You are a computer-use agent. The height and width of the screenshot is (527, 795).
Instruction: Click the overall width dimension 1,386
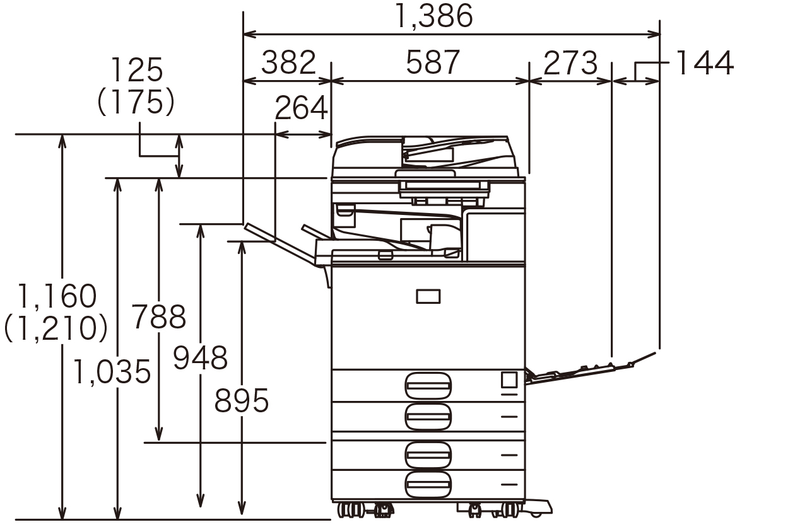pyautogui.click(x=433, y=16)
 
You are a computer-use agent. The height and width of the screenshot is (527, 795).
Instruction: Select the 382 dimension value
pyautogui.click(x=288, y=62)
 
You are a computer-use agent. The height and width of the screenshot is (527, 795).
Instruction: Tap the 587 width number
pyautogui.click(x=433, y=62)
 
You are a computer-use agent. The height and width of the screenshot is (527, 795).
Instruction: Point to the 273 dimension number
pyautogui.click(x=570, y=63)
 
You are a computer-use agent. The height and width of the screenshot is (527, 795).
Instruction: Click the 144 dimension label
pyautogui.click(x=704, y=63)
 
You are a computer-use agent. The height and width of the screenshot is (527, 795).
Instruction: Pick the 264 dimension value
pyautogui.click(x=301, y=108)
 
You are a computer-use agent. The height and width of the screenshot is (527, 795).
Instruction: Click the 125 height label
pyautogui.click(x=137, y=70)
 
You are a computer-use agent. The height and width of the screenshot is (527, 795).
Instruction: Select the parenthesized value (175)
pyautogui.click(x=136, y=101)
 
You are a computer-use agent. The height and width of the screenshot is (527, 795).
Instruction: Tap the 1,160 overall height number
pyautogui.click(x=56, y=296)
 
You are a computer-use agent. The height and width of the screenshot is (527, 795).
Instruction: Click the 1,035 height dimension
pyautogui.click(x=112, y=371)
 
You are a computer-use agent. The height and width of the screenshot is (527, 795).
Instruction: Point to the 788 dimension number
pyautogui.click(x=158, y=316)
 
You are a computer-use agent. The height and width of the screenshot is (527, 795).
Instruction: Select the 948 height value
pyautogui.click(x=200, y=358)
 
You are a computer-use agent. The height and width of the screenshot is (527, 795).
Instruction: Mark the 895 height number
pyautogui.click(x=241, y=400)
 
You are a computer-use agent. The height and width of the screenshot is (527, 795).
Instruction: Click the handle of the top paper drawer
pyautogui.click(x=428, y=386)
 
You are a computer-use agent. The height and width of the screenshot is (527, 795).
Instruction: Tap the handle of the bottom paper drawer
pyautogui.click(x=428, y=484)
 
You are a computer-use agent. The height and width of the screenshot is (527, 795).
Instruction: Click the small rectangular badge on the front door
pyautogui.click(x=428, y=296)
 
